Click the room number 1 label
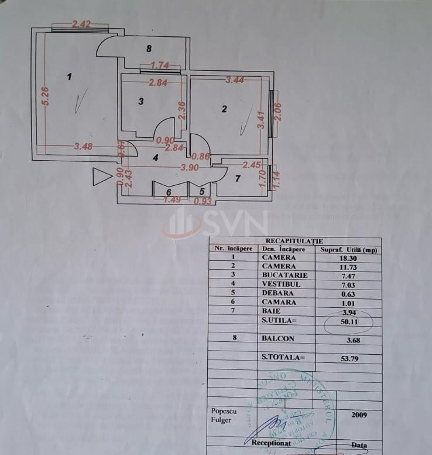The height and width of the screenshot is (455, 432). [70, 76]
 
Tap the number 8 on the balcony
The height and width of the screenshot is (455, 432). [149, 48]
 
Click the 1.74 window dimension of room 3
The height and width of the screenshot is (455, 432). [160, 66]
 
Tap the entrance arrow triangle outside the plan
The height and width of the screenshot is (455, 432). [102, 176]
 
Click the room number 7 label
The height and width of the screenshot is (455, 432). [238, 178]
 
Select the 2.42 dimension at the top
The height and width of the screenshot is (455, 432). [81, 25]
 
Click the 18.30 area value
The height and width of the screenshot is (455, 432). [348, 257]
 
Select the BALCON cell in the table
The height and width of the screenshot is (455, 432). [278, 338]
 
